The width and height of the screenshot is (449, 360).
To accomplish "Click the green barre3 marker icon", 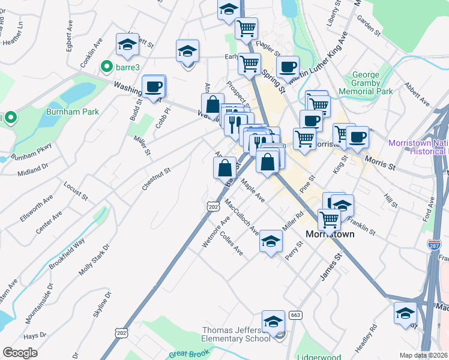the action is [107, 67].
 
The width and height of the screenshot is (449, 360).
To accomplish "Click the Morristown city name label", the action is [330, 234].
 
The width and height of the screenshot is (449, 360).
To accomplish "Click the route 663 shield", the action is [295, 315].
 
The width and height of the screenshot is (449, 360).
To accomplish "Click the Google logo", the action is [20, 353].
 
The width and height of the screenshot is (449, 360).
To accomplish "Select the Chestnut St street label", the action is [157, 179].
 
